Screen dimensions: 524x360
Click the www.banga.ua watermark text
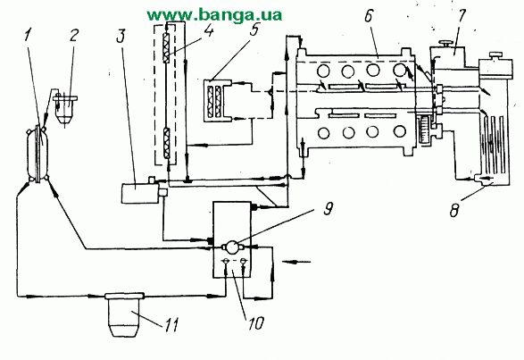point(214,14)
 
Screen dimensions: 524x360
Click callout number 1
point(29,35)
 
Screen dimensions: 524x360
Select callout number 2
point(74,35)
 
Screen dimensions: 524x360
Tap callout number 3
point(121,36)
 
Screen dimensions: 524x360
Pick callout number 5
point(254,29)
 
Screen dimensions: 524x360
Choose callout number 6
point(369,16)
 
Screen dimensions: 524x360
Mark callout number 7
point(462,16)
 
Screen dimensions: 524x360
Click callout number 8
point(453,211)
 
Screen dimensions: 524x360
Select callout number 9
point(329,209)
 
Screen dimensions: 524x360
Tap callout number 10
point(255,323)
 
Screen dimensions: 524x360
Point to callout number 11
point(171,324)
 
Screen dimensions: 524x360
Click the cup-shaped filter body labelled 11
point(124,314)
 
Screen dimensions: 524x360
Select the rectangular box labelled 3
point(139,193)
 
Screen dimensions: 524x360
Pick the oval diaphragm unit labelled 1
point(37,154)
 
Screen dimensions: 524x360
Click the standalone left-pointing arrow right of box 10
point(296,262)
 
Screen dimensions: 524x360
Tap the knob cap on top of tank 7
point(445,44)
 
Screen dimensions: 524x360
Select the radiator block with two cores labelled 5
point(218,100)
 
